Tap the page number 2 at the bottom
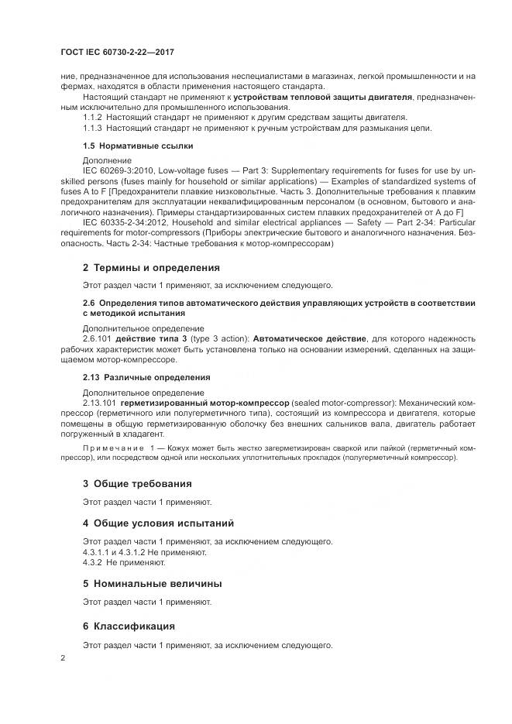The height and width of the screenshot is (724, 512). (63, 657)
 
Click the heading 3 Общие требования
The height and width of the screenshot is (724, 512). (136, 483)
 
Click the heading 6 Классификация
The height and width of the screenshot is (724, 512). (129, 625)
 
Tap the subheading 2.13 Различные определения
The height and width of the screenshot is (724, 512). (146, 377)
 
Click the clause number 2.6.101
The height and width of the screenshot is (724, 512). (98, 339)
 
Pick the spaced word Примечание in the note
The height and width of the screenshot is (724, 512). (108, 448)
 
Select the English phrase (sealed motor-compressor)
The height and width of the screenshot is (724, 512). (338, 403)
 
